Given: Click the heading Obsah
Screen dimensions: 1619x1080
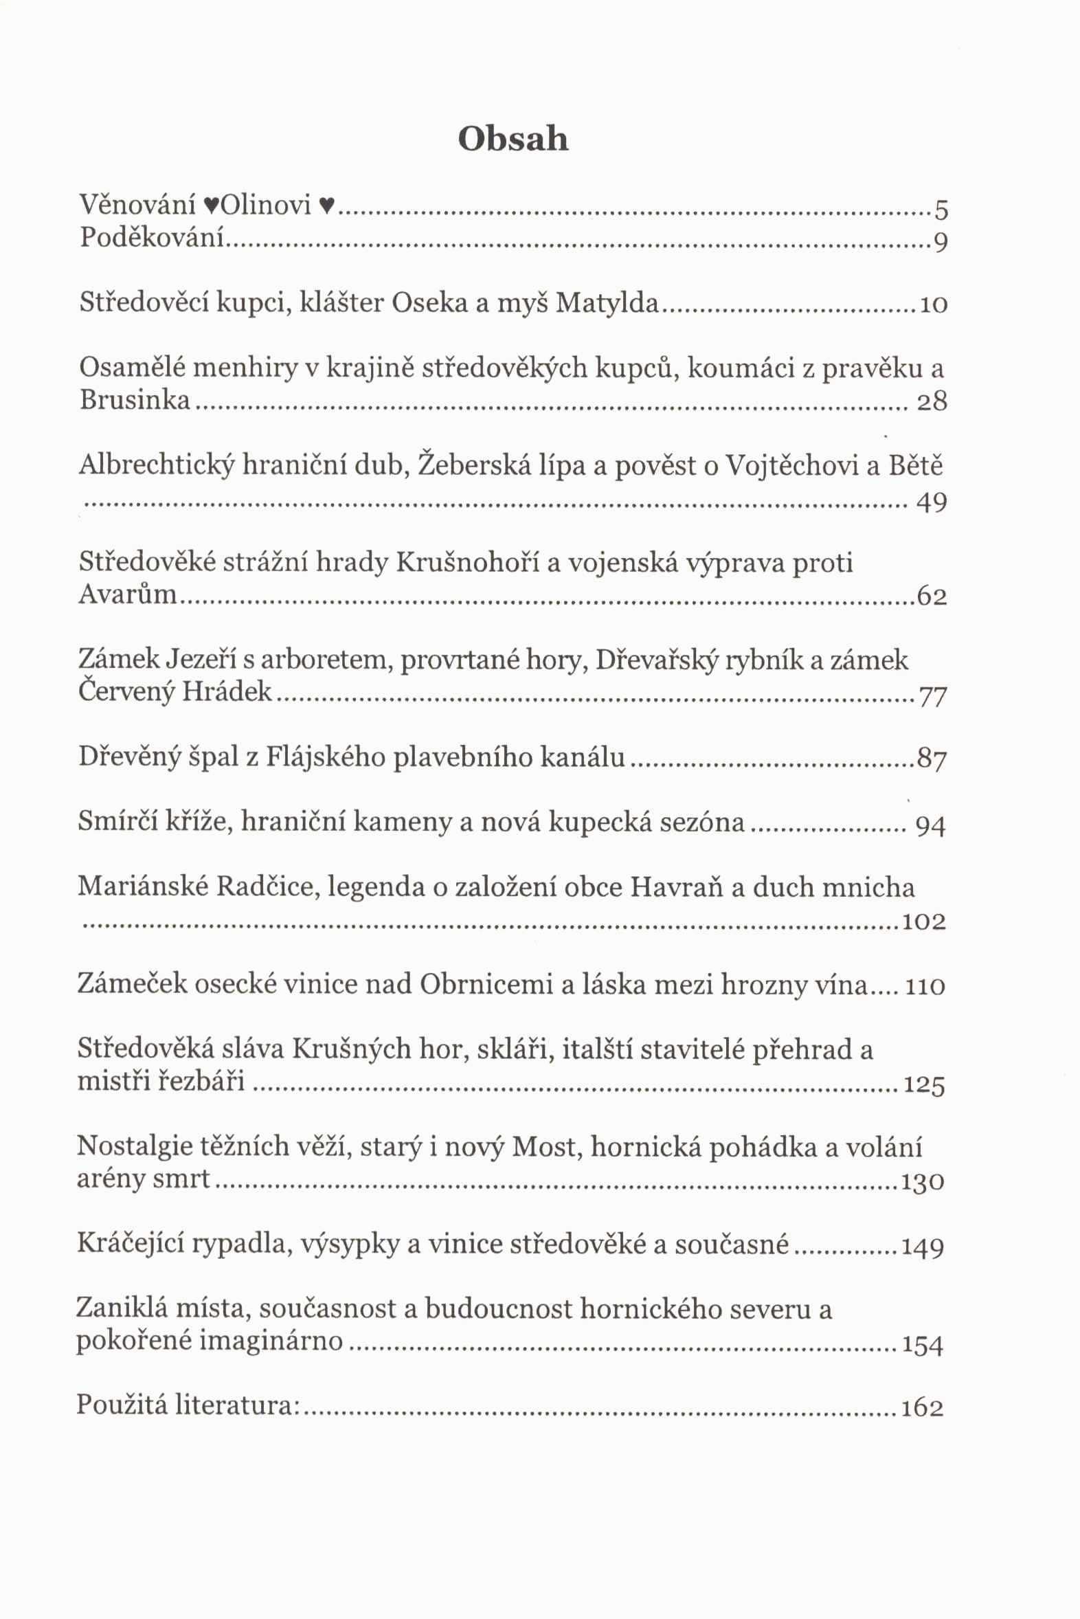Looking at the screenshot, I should click(x=513, y=139).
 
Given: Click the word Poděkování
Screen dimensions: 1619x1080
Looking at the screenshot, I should click(x=153, y=238).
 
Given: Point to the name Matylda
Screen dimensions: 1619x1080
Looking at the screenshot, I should click(x=607, y=302).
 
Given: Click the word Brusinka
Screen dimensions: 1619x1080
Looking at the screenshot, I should click(x=134, y=400).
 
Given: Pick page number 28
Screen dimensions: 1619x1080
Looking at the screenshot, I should click(x=932, y=401).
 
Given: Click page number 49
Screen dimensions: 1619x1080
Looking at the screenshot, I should click(x=932, y=502).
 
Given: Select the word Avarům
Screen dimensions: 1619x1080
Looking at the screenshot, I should click(x=128, y=594).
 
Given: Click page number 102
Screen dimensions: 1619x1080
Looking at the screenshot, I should click(x=923, y=922).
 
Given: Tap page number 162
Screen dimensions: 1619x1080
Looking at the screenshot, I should click(x=921, y=1407).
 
